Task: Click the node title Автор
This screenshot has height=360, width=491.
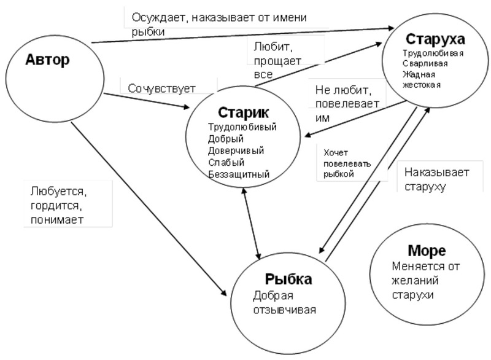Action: coord(48,60)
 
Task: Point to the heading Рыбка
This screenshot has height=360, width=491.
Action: coord(288,279)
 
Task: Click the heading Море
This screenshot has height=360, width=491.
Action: coord(426,251)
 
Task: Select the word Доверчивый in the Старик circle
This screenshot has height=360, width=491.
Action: coord(236,151)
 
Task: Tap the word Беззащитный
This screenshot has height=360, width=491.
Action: coord(239,174)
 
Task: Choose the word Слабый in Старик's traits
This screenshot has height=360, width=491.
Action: coord(226,162)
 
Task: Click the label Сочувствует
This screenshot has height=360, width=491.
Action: coord(161,88)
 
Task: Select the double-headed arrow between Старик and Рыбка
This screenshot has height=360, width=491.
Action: coord(252,224)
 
